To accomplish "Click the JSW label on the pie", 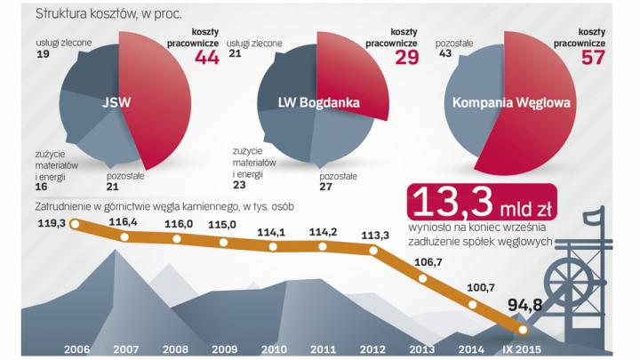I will tap(116, 101).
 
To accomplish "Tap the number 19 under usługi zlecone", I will tap(43, 55).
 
